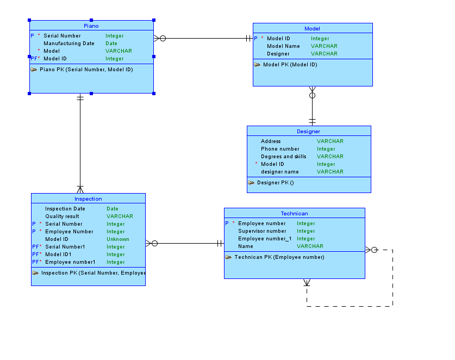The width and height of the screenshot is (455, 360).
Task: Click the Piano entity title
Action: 91,26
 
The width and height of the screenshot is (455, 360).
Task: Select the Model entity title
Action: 312,28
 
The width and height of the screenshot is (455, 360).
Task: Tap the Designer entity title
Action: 308,131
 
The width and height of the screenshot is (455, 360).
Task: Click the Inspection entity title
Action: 88,198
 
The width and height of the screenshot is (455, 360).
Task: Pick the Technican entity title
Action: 294,213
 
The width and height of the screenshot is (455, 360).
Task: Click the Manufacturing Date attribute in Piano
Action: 68,44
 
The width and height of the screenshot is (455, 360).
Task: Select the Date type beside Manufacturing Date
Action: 111,44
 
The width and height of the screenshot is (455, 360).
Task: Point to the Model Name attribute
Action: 283,46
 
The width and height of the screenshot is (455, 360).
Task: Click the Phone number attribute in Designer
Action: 280,149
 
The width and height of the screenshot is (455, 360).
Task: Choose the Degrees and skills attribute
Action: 283,157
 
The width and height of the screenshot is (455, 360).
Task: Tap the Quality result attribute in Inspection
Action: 62,216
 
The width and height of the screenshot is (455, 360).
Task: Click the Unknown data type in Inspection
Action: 118,239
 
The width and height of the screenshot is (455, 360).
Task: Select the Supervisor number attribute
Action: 262,231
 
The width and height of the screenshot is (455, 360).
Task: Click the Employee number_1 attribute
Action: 265,239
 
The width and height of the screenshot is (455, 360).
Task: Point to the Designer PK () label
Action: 275,183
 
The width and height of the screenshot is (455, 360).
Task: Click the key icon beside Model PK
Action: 257,65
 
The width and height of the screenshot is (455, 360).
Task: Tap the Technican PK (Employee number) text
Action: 279,257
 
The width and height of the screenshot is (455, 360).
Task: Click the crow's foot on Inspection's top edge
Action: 80,189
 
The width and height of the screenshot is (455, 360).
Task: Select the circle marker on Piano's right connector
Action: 163,39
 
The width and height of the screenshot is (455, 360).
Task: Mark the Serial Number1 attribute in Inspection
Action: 65,247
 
